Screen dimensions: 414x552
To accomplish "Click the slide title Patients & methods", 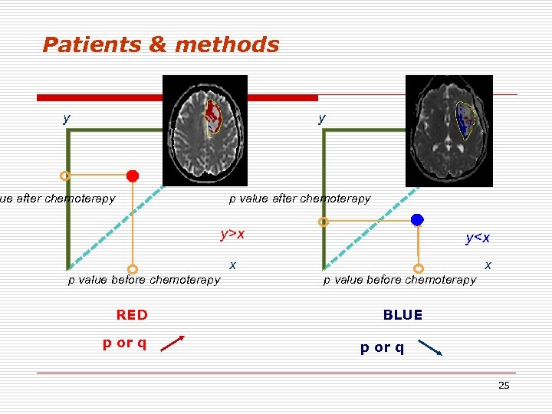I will [x=161, y=45].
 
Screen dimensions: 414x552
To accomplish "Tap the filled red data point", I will [x=133, y=176].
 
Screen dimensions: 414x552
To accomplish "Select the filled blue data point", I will [x=417, y=220].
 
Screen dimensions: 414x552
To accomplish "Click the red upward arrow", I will [x=173, y=343].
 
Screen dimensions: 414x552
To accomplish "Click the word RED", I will [x=132, y=315].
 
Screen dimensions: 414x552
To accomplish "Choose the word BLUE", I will [x=402, y=315].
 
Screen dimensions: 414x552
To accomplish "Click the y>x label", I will [x=232, y=234].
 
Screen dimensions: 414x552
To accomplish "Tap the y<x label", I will [x=478, y=238].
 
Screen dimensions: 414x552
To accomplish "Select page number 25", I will [x=504, y=386].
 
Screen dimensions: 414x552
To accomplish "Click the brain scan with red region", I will [x=205, y=130].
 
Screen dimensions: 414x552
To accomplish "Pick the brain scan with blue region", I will [x=449, y=130].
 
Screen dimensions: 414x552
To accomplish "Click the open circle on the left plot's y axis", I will [x=65, y=176].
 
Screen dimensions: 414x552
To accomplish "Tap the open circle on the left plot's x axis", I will [x=133, y=269].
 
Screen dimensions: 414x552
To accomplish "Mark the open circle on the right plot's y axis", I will [x=324, y=222].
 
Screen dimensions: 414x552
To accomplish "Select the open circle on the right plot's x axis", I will [x=419, y=268].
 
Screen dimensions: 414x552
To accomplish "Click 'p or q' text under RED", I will [x=125, y=342].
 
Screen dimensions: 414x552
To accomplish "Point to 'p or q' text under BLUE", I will [x=383, y=347].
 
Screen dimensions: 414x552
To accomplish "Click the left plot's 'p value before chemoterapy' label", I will [x=144, y=280].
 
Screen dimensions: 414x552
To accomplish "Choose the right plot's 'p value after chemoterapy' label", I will [x=300, y=199].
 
